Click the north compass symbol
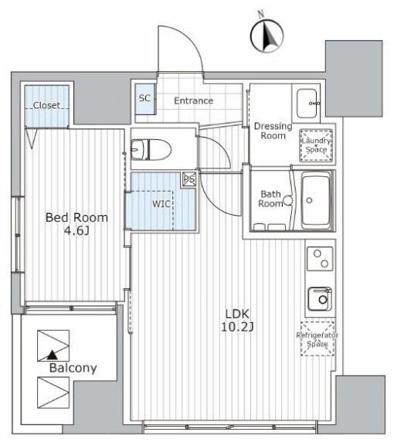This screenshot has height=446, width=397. (x=266, y=36)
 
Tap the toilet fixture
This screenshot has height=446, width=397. (x=151, y=149)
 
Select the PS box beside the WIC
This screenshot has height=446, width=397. (x=189, y=179)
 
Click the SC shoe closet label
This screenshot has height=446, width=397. (x=144, y=98)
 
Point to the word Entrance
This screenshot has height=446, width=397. (x=194, y=100)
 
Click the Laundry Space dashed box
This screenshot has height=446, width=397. (x=317, y=145)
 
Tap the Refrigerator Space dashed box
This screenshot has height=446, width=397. (x=317, y=339)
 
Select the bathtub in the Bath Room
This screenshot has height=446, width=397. (x=316, y=200)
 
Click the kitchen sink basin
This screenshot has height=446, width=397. (x=320, y=298)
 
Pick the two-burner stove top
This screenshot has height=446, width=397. (x=320, y=258)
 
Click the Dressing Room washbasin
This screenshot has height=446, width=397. (x=307, y=103)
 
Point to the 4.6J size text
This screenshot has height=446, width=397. (x=76, y=231)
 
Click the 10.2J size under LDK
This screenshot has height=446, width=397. (x=237, y=327)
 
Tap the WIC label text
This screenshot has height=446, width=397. (x=161, y=203)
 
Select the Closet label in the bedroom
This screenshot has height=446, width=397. (x=46, y=105)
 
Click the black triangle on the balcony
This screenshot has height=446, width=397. (x=52, y=355)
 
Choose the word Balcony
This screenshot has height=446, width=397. (x=73, y=368)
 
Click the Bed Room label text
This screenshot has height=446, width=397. (x=76, y=218)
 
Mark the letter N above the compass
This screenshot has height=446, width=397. (x=260, y=13)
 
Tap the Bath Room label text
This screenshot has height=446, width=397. (x=270, y=199)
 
